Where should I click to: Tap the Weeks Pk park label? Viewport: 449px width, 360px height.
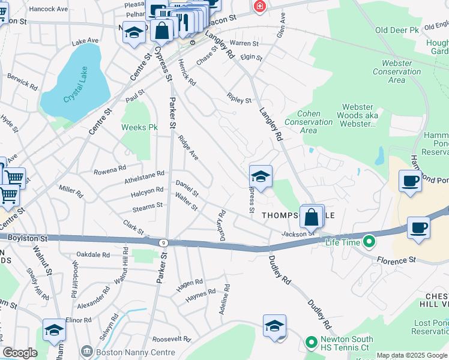[x=139, y=127]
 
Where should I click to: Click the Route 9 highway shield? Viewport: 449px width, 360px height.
[x=163, y=242]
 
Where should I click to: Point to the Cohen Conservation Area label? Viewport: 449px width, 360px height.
[x=316, y=122]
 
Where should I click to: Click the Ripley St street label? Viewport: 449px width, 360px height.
[x=240, y=98]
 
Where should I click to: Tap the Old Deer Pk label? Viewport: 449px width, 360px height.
[x=396, y=30]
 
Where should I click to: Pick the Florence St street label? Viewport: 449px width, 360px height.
[x=396, y=260]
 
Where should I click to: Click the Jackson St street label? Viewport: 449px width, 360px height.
[x=294, y=233]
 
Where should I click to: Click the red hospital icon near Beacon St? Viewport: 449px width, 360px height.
[x=259, y=7]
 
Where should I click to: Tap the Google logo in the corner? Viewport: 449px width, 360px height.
[x=20, y=353]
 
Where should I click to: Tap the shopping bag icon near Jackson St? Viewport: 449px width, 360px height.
[x=312, y=217]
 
